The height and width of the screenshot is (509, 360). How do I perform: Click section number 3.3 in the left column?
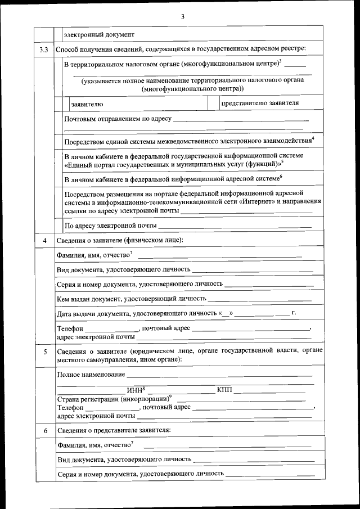(44, 50)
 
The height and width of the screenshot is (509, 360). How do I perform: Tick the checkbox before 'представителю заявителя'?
(213, 103)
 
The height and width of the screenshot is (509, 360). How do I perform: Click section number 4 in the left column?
(44, 241)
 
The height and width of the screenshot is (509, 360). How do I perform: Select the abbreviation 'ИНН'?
(136, 390)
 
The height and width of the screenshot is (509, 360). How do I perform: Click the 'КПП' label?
(224, 390)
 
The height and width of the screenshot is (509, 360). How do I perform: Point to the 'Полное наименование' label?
(91, 374)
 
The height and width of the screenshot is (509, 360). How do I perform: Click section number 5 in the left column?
(44, 352)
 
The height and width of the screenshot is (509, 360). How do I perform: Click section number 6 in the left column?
(44, 430)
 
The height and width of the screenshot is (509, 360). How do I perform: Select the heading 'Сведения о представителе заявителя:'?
(114, 430)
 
